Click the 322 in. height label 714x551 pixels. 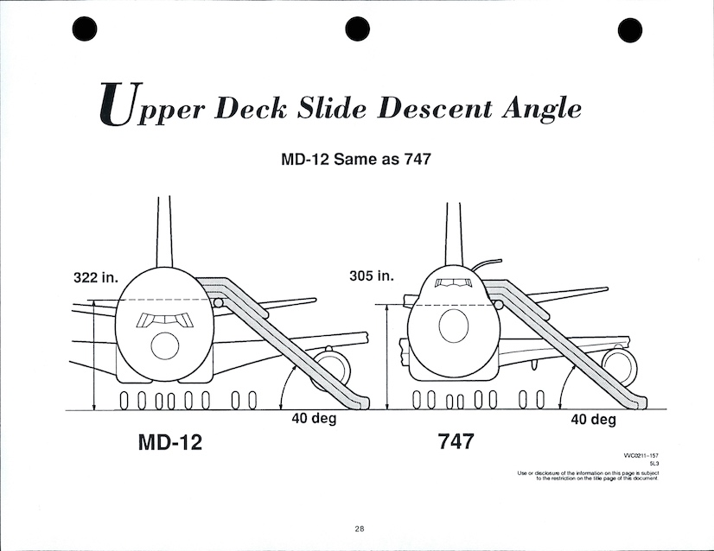coord(96,278)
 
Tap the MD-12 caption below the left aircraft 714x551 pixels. coord(170,442)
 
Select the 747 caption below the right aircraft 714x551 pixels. coord(456,441)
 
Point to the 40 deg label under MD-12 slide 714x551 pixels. coord(313,419)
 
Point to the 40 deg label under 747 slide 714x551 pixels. coord(593,420)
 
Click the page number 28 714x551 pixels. coord(359,529)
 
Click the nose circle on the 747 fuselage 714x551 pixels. coord(454,326)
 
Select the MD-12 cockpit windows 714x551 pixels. coord(163,319)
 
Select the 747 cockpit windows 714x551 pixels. coord(454,284)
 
